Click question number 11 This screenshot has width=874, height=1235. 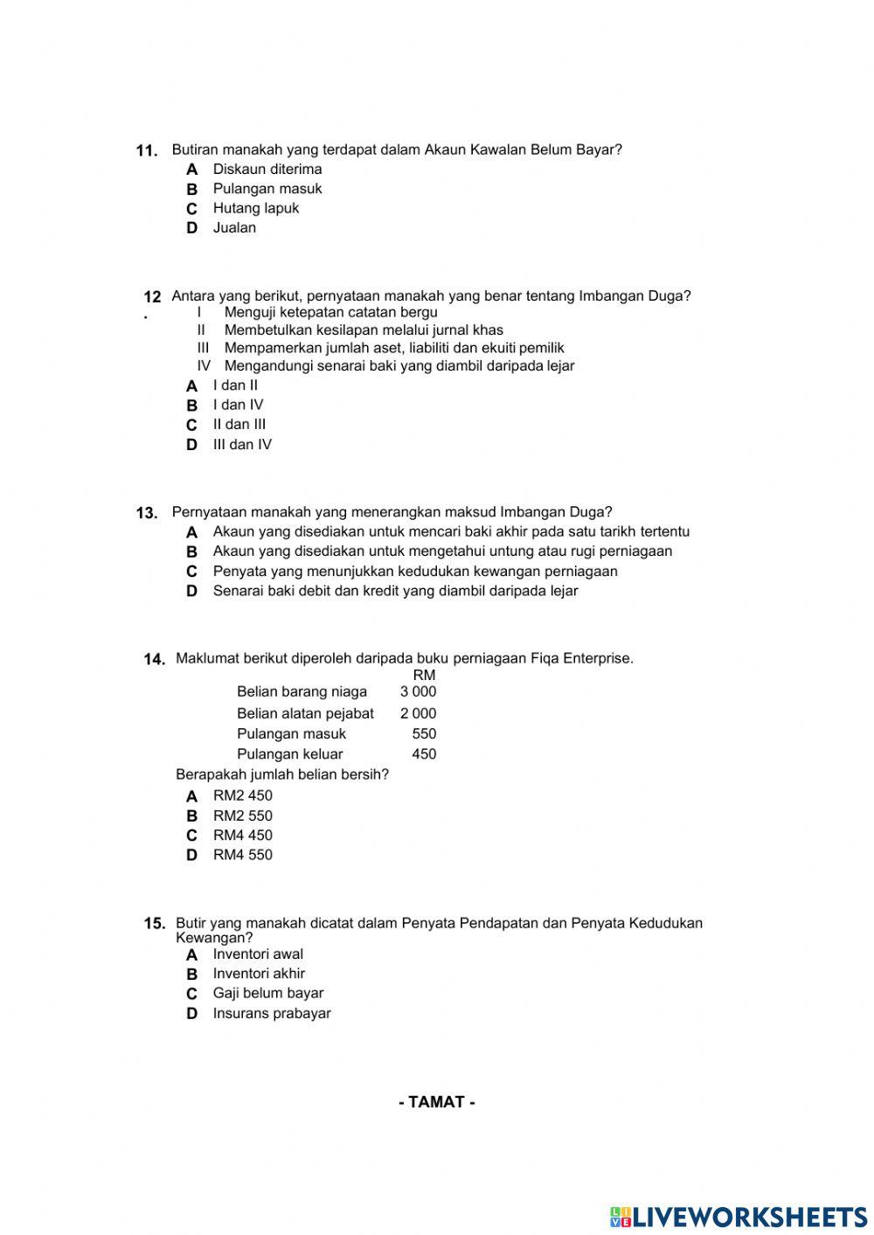tap(147, 150)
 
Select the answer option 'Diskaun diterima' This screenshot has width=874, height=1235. tap(267, 170)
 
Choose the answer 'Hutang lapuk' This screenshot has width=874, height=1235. tap(255, 208)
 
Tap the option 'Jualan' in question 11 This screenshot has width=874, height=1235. tap(234, 228)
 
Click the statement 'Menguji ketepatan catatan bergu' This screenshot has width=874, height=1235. tap(330, 312)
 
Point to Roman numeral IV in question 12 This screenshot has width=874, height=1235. tap(204, 366)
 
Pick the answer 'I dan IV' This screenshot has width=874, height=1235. tap(238, 405)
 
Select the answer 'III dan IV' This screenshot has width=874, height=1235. tap(242, 444)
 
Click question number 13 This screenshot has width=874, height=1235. tap(147, 513)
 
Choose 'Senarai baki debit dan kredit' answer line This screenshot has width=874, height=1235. tap(395, 591)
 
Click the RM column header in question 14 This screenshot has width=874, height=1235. tap(424, 675)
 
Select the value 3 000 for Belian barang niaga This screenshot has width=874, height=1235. tap(418, 691)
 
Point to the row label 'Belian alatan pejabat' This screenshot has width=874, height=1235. tap(305, 713)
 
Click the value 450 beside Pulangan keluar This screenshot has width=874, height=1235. tap(424, 754)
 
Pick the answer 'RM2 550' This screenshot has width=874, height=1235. tap(242, 815)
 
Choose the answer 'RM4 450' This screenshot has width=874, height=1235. tap(242, 836)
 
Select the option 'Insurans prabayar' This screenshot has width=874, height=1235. tap(272, 1014)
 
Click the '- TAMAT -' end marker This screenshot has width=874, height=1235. tap(437, 1102)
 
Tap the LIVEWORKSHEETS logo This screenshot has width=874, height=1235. tap(739, 1217)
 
